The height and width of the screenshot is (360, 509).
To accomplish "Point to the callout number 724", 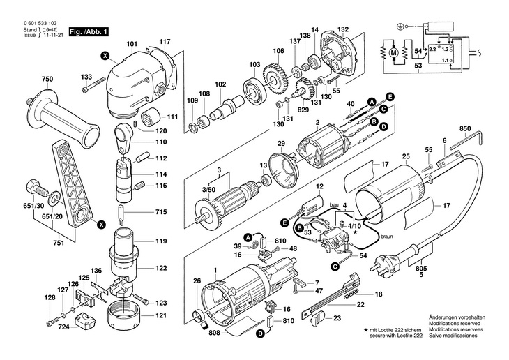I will (64, 327).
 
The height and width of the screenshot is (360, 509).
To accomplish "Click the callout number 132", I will (342, 30).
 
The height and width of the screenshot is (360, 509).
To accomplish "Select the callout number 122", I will (161, 268).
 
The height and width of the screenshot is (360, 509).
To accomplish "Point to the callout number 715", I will (161, 211).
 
